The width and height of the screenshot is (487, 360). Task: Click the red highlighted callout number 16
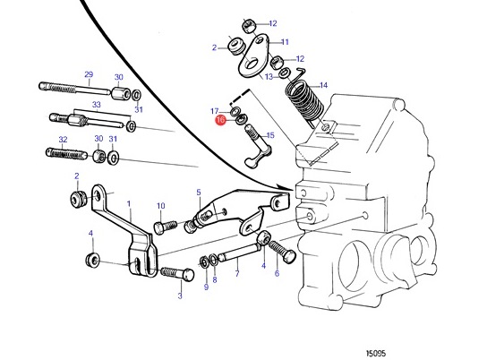(x=221, y=120)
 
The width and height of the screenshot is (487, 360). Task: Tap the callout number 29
(x=89, y=74)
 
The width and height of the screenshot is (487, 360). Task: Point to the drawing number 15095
(x=375, y=353)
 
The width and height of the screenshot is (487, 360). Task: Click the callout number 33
(x=97, y=105)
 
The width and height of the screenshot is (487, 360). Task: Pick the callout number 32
(x=63, y=140)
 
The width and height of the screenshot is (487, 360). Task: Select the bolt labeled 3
(x=177, y=274)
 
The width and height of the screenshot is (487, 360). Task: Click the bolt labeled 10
(x=166, y=227)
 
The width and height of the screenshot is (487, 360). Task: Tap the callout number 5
(x=199, y=193)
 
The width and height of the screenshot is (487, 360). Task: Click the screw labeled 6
(x=282, y=251)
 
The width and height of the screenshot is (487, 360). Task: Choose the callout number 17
(x=215, y=111)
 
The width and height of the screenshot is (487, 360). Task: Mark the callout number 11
(x=285, y=42)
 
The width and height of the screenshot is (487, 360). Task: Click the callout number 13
(x=269, y=77)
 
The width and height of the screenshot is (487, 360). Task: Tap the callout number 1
(x=129, y=204)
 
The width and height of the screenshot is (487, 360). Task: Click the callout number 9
(x=206, y=287)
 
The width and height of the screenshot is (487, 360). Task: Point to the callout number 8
(x=215, y=280)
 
